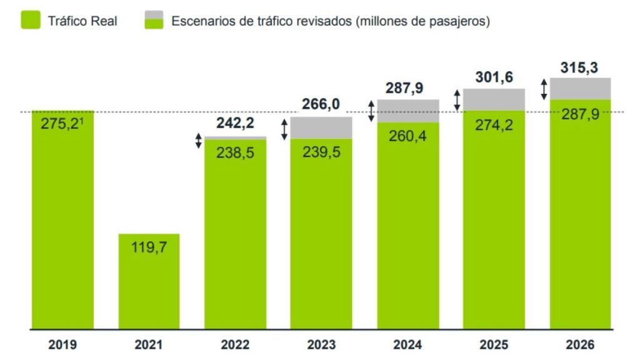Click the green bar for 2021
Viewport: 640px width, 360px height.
[149, 281]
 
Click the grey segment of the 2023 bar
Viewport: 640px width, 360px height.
[321, 127]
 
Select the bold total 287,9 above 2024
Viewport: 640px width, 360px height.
[407, 88]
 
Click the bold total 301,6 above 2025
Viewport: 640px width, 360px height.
[494, 77]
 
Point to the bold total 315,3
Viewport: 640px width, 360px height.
[580, 67]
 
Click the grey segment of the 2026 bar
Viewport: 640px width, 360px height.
[581, 89]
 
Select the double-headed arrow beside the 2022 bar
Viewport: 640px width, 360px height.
[199, 141]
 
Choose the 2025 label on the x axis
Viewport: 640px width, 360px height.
[494, 344]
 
